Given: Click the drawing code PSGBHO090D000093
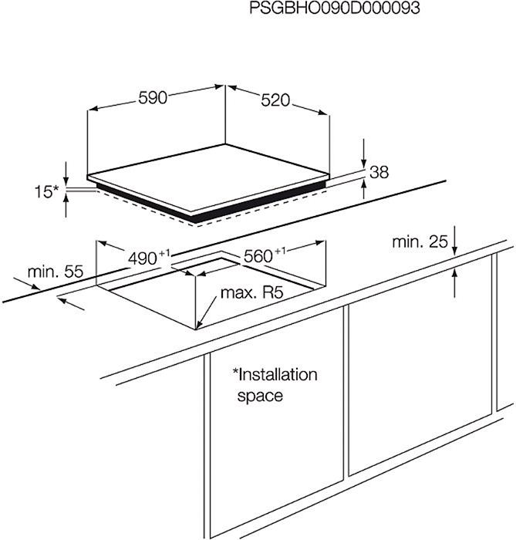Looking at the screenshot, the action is click(x=334, y=8).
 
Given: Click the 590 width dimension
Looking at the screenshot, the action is click(x=153, y=98).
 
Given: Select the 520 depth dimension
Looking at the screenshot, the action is click(x=275, y=100).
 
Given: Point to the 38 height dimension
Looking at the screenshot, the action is click(x=379, y=172).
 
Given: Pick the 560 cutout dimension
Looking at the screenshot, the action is click(x=265, y=255).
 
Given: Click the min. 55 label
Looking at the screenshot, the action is click(x=56, y=272).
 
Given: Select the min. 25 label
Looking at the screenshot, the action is click(x=420, y=241).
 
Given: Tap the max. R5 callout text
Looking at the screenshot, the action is click(x=251, y=292).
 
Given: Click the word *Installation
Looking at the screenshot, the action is click(x=275, y=374).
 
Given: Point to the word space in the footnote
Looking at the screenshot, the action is click(x=260, y=395).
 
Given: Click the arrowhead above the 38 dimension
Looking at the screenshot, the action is click(x=364, y=164).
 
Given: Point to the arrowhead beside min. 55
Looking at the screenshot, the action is click(x=34, y=286).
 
